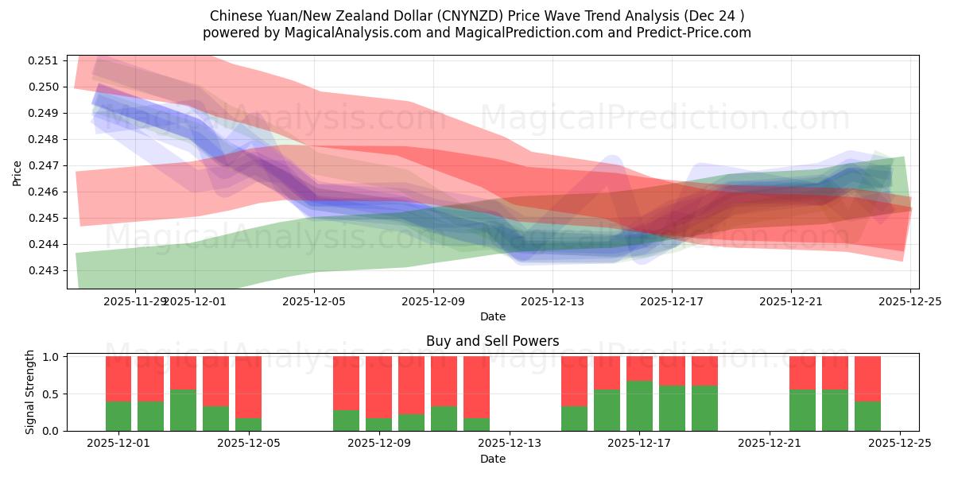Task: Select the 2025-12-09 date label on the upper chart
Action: click(433, 301)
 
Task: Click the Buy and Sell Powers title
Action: click(492, 341)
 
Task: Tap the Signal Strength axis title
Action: click(30, 392)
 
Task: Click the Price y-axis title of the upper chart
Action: click(17, 172)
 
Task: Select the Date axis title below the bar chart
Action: click(492, 459)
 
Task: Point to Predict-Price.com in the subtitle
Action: click(691, 33)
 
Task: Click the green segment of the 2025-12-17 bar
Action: click(639, 405)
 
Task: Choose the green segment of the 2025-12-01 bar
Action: click(118, 416)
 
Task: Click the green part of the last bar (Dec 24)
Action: click(867, 416)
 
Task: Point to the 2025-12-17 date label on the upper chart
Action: click(672, 301)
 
